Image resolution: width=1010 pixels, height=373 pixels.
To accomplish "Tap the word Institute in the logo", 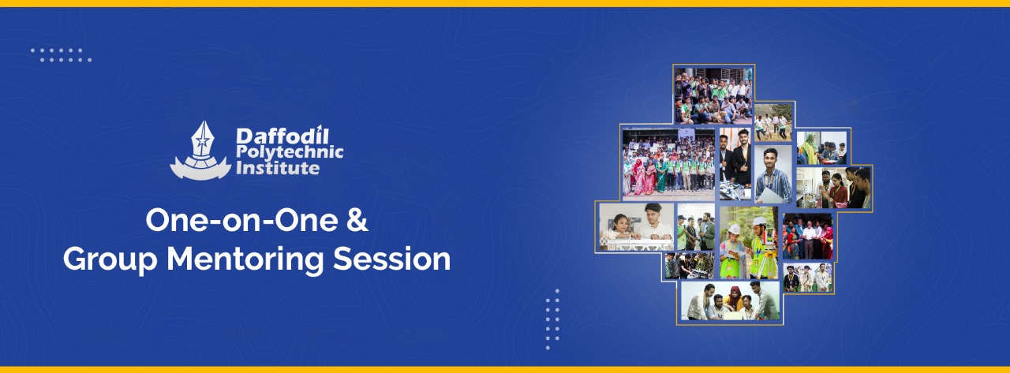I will [x=276, y=167].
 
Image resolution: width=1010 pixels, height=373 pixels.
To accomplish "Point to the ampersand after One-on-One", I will [x=357, y=222].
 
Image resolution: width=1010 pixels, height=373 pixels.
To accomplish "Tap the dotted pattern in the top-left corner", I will [x=61, y=54].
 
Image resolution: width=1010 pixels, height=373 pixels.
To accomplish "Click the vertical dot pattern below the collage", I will [x=552, y=318].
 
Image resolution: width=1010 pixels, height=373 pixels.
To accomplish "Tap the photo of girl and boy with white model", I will [x=636, y=227].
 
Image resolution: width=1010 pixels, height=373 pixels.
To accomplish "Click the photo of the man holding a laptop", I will [x=772, y=174].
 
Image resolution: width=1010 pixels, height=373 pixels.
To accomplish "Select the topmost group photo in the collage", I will [x=713, y=94].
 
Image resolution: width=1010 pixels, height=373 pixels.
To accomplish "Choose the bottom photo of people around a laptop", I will [x=730, y=300].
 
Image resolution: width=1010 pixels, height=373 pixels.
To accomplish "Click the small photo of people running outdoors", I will [x=772, y=123].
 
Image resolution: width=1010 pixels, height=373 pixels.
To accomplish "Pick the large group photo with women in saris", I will [x=668, y=162].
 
